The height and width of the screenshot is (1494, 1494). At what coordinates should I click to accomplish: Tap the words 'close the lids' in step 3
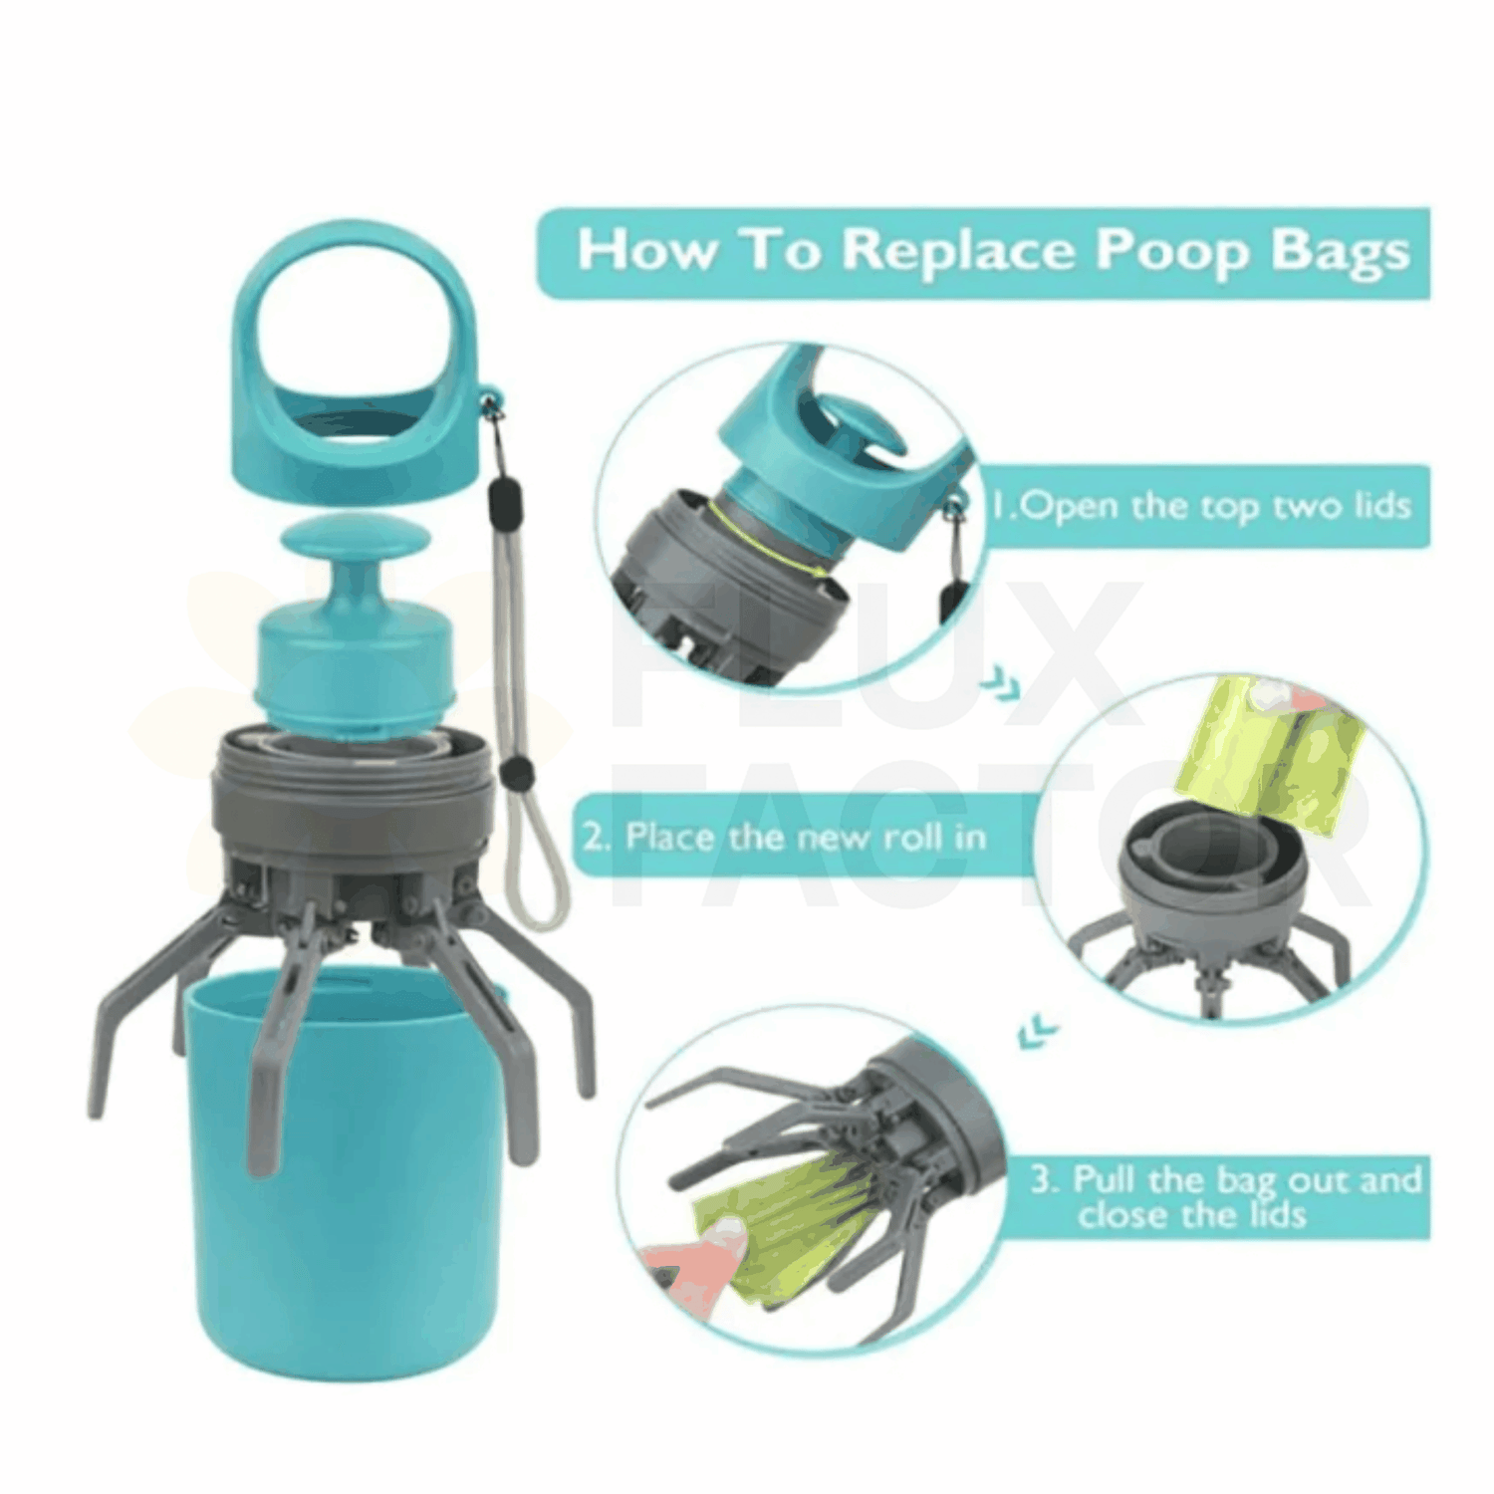click(x=1191, y=1215)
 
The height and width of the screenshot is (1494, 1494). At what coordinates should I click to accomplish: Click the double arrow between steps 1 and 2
click(x=1000, y=684)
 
